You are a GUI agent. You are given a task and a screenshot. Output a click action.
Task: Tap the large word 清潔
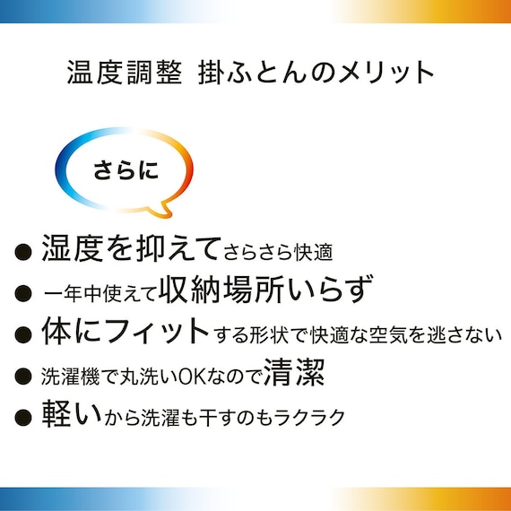point(295,374)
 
